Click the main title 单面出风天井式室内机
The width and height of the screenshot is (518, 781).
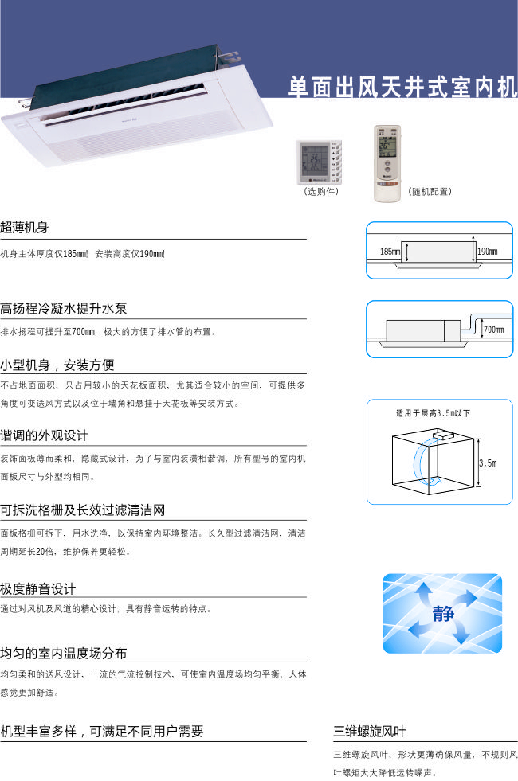tap(402, 87)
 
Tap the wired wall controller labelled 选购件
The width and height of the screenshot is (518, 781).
tap(320, 162)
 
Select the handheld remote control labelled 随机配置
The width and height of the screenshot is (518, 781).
tap(387, 163)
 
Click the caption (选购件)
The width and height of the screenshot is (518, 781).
tap(321, 191)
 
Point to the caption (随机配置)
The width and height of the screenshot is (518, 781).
tap(430, 191)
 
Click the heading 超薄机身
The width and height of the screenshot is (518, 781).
tap(25, 228)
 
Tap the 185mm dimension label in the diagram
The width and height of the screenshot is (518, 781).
tap(390, 252)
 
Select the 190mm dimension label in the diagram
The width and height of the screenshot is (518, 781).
tap(487, 252)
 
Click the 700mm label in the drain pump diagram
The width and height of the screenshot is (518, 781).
tap(493, 330)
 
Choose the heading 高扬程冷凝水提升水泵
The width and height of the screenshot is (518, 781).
tap(63, 308)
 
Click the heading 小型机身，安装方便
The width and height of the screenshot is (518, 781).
tap(57, 365)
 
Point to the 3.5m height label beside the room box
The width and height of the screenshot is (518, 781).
tap(488, 463)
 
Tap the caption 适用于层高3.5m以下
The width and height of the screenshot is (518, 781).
tap(433, 413)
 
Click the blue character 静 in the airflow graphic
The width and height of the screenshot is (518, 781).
tap(443, 614)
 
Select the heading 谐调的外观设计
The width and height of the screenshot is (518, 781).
tap(45, 435)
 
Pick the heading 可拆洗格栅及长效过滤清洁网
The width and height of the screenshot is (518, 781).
tap(82, 510)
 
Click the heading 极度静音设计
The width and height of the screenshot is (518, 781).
tap(38, 589)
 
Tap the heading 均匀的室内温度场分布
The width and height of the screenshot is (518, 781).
tap(63, 653)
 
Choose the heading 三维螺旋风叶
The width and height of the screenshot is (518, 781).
tap(370, 731)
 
